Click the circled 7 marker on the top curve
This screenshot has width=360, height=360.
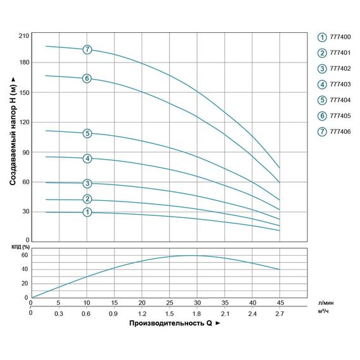click(87, 49)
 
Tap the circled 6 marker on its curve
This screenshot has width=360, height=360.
click(87, 78)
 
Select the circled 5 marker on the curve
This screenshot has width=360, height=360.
click(87, 133)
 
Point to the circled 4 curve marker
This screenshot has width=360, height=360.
click(87, 159)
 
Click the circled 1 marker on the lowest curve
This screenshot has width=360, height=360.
click(87, 212)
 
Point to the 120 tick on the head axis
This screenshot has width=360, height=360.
click(24, 123)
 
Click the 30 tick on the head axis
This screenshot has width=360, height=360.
click(25, 211)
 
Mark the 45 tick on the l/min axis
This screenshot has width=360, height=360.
click(280, 303)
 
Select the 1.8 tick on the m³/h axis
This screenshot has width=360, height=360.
click(197, 313)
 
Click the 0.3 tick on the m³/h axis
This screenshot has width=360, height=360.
click(59, 313)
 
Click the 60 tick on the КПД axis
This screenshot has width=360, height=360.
click(25, 255)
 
